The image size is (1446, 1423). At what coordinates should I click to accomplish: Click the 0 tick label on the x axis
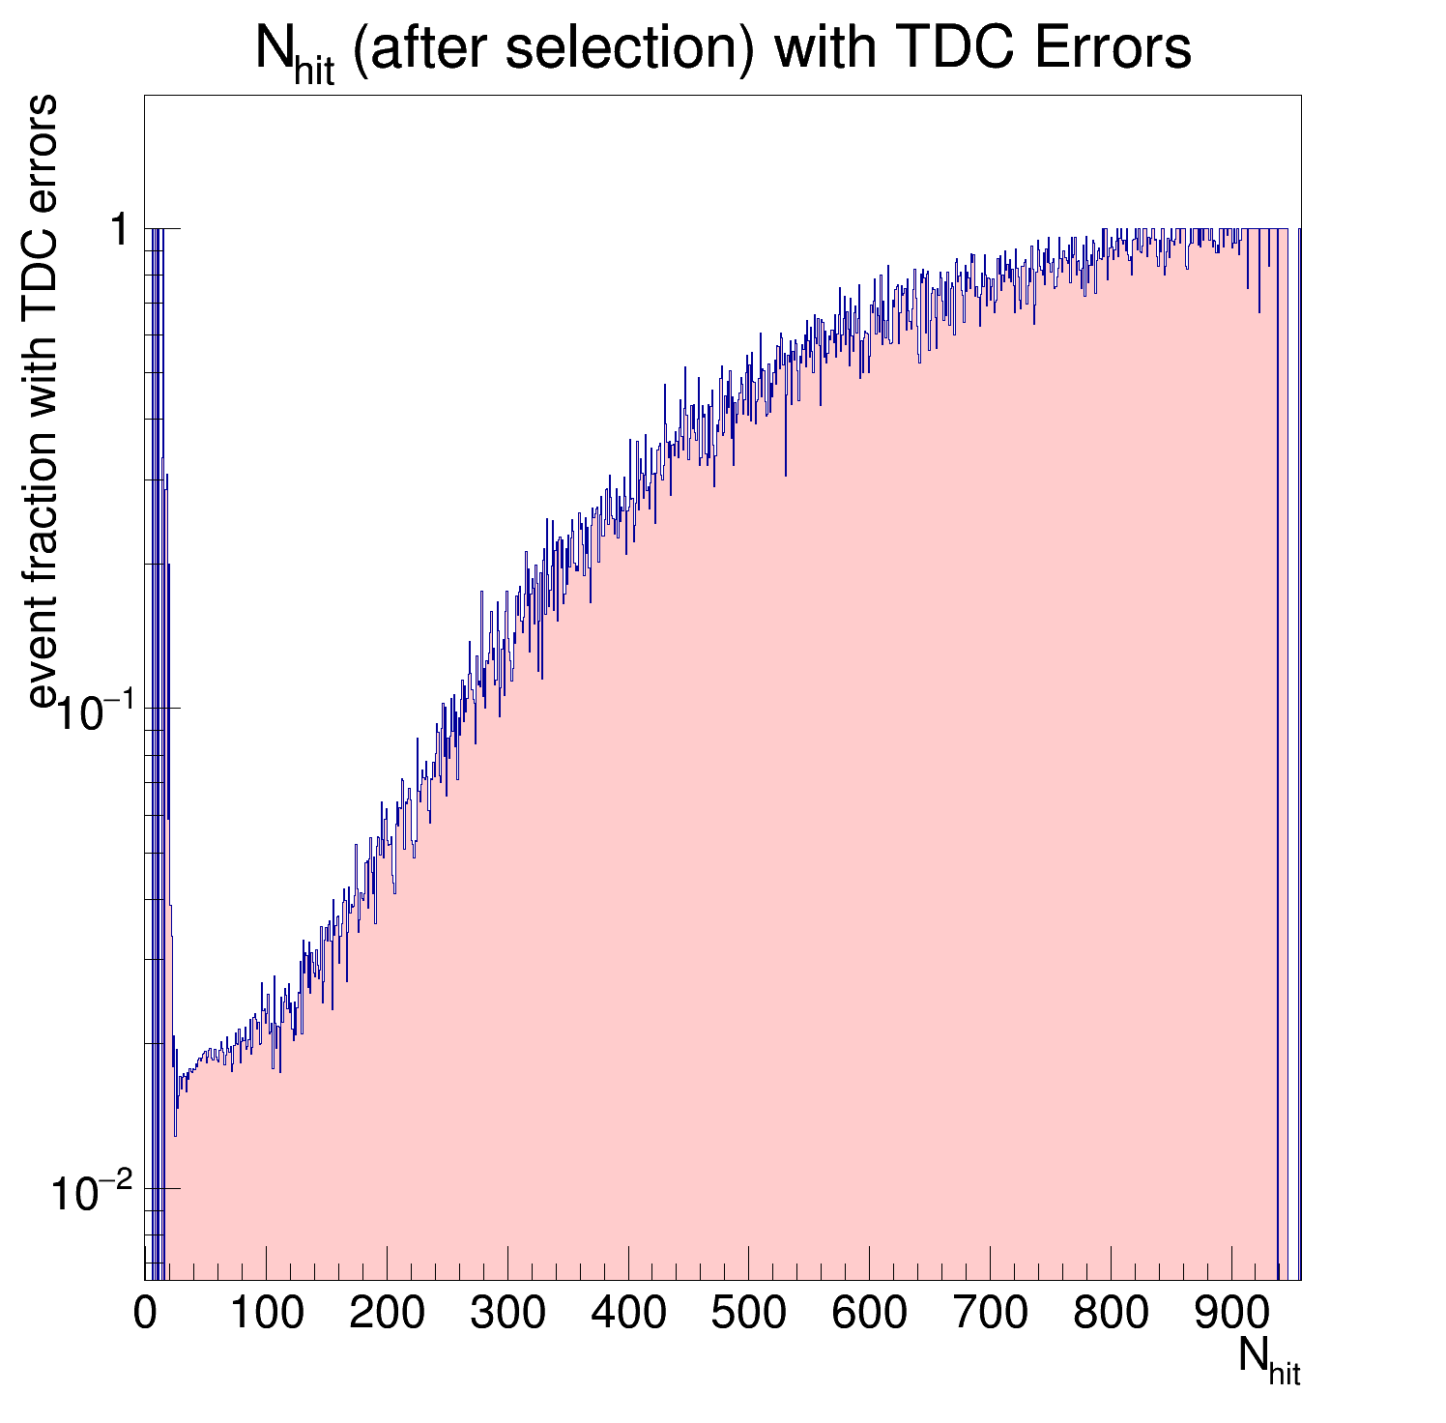[x=145, y=1315]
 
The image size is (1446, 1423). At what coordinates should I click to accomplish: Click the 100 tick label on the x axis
[x=266, y=1315]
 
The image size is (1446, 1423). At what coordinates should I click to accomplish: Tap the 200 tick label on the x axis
[x=387, y=1315]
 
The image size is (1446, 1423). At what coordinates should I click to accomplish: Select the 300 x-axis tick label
[x=507, y=1315]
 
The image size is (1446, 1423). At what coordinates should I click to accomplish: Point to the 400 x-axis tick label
[x=628, y=1315]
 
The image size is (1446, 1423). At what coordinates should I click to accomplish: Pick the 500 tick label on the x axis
[x=748, y=1315]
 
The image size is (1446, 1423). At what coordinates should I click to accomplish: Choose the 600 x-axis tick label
[x=869, y=1315]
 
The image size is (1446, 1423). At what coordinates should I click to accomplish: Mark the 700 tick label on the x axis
[x=990, y=1315]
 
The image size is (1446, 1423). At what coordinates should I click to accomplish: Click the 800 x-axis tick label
[x=1111, y=1315]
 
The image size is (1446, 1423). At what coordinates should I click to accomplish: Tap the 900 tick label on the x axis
[x=1230, y=1315]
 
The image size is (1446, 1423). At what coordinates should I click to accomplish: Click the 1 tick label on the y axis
[x=121, y=232]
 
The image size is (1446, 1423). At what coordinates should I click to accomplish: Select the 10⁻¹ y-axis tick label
[x=92, y=711]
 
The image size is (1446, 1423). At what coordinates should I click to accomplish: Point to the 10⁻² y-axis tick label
[x=92, y=1192]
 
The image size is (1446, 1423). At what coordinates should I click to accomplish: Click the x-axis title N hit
[x=1269, y=1360]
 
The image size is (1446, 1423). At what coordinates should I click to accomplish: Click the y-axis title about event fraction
[x=43, y=401]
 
